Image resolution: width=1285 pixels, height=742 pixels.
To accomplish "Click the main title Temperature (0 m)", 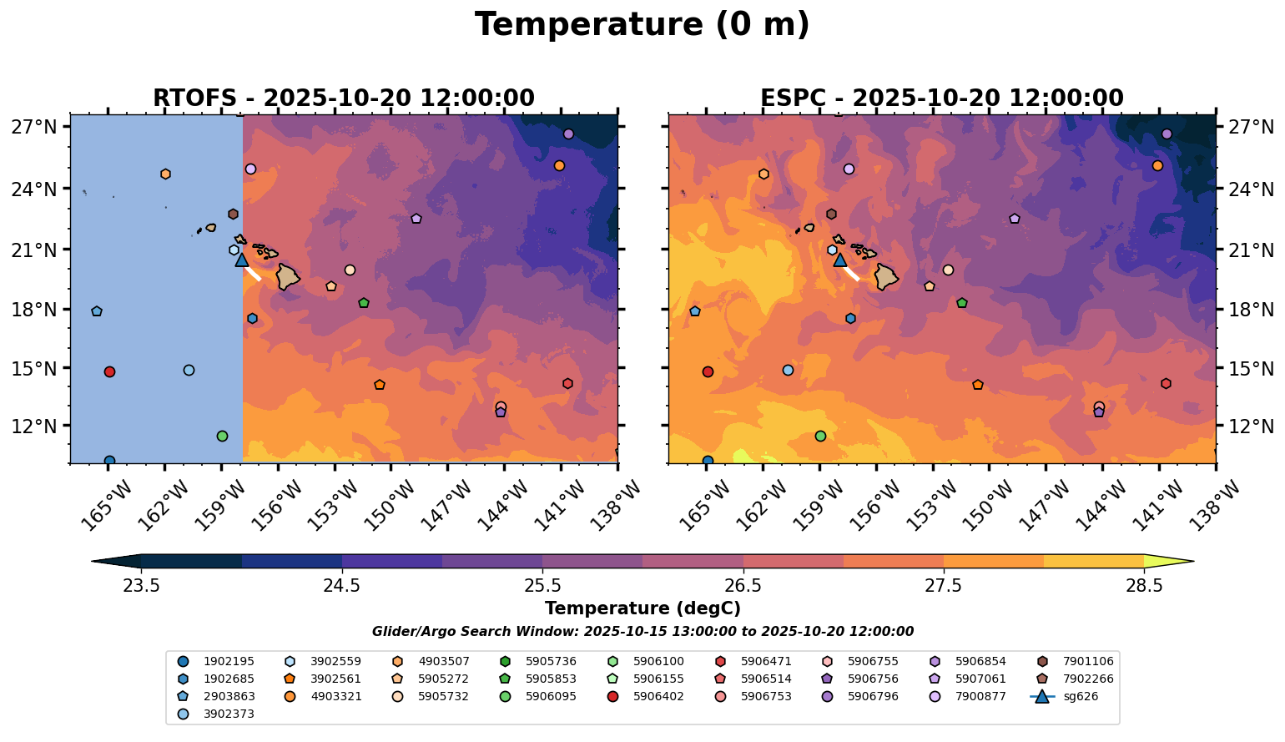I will [x=642, y=25].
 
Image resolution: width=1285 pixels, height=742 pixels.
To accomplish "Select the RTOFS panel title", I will [x=343, y=98].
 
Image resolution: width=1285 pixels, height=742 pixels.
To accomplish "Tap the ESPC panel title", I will [x=941, y=98].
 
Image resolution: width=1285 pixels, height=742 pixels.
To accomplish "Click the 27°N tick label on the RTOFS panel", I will [x=33, y=128].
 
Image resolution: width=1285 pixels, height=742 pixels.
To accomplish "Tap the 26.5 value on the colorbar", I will [x=743, y=586].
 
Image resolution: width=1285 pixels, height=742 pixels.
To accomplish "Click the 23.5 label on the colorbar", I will [x=141, y=586].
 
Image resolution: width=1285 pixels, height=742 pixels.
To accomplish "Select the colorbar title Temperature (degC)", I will [x=642, y=609].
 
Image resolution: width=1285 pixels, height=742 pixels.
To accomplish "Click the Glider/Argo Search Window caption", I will [x=642, y=632].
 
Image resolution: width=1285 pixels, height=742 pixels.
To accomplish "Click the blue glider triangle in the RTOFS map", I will [x=242, y=260].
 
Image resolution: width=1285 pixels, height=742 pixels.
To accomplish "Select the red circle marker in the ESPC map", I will [x=708, y=371].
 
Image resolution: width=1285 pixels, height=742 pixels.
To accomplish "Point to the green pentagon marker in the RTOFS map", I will [x=364, y=303].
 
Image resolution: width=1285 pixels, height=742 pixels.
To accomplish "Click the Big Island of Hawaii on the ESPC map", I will [x=886, y=276].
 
